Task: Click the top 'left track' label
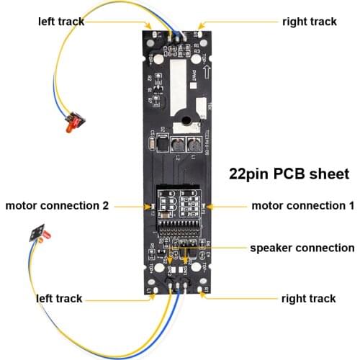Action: pyautogui.click(x=60, y=21)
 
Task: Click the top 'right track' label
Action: pyautogui.click(x=308, y=21)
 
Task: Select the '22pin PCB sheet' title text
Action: pyautogui.click(x=289, y=174)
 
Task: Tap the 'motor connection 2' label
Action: pyautogui.click(x=57, y=206)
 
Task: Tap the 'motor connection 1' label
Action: pyautogui.click(x=302, y=206)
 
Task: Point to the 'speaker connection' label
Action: pyautogui.click(x=302, y=248)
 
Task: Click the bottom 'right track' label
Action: pyautogui.click(x=308, y=298)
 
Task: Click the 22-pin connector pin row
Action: pyautogui.click(x=179, y=234)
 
